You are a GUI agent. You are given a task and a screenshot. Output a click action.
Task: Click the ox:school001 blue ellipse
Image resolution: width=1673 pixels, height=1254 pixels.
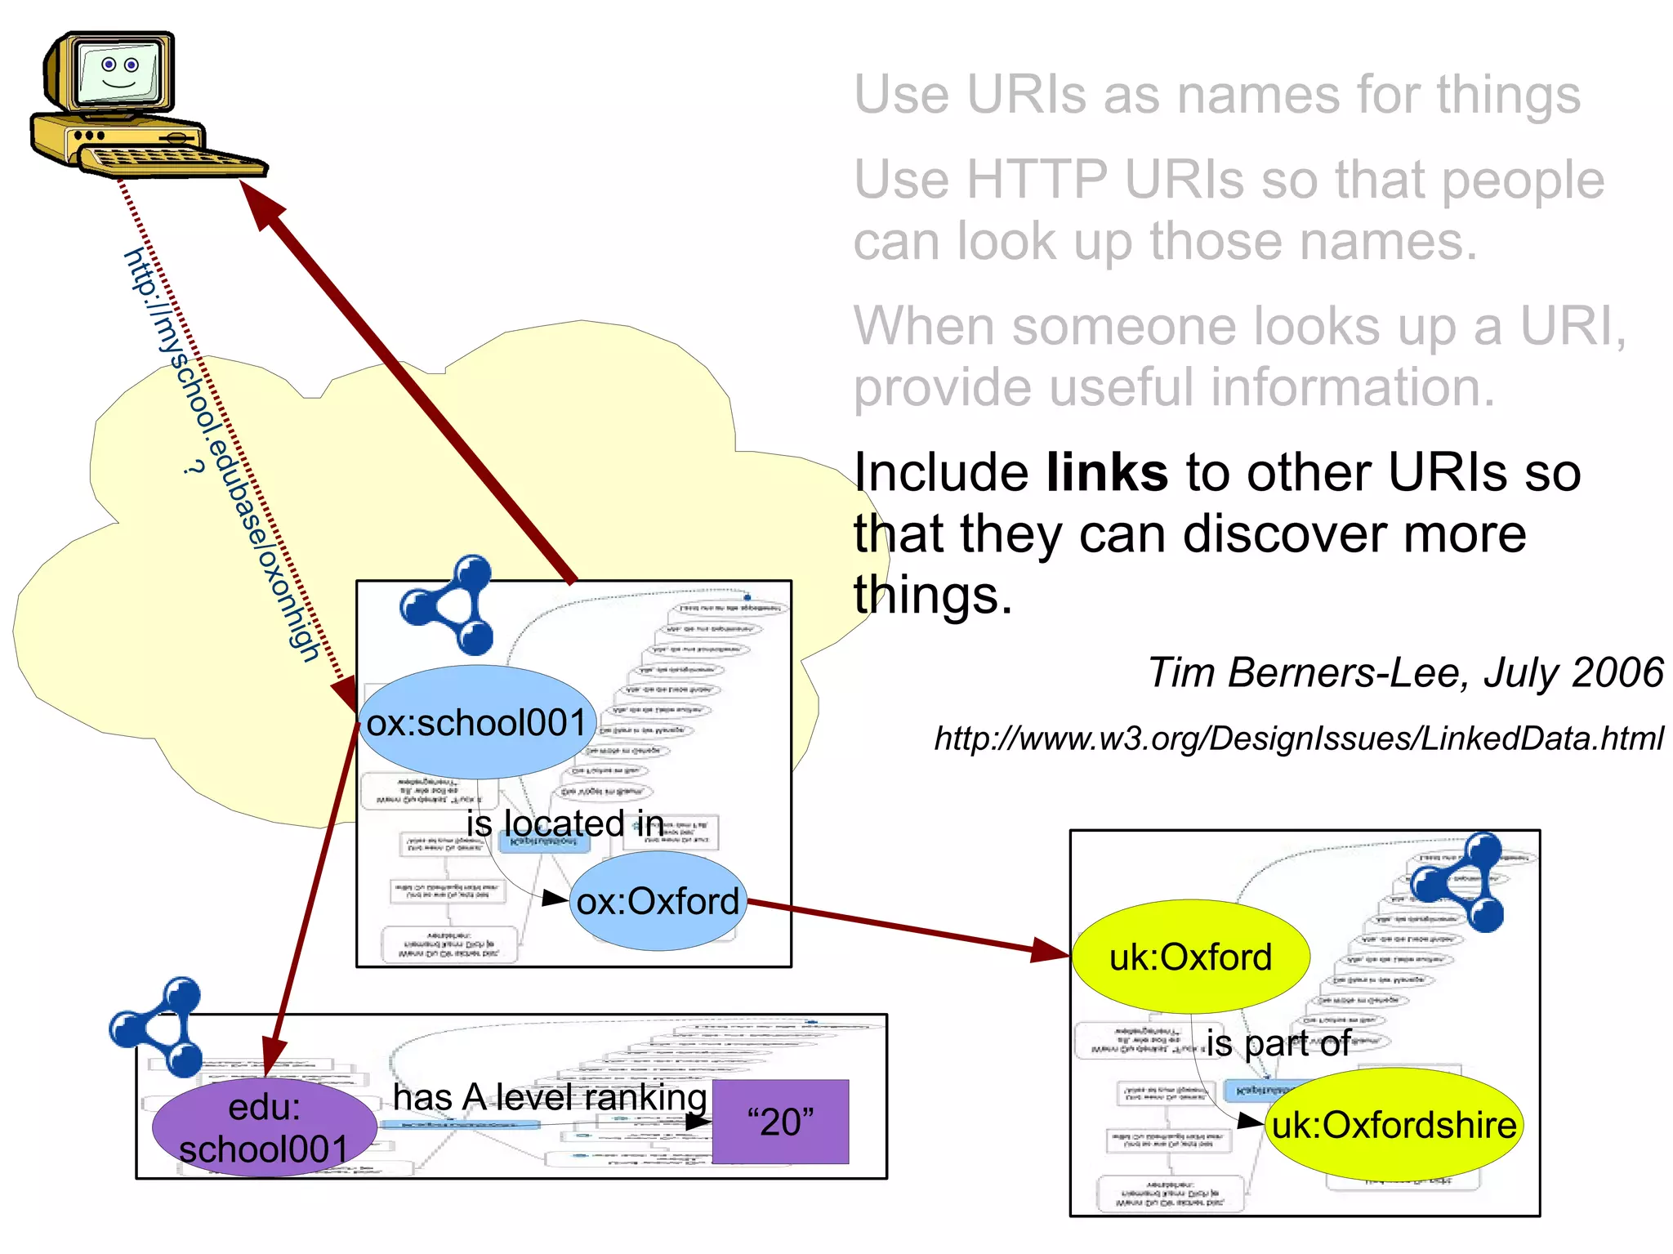[x=477, y=722]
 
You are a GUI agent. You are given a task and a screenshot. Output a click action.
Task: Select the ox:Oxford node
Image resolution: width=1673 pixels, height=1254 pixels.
[x=658, y=901]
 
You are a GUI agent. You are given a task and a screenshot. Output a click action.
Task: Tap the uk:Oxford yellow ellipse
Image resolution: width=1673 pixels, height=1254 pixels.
[x=1190, y=957]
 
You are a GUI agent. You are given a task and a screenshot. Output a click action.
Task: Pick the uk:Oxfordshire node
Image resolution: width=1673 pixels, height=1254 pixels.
[x=1394, y=1125]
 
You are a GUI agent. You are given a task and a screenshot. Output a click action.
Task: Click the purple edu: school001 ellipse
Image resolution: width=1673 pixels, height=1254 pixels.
[x=264, y=1128]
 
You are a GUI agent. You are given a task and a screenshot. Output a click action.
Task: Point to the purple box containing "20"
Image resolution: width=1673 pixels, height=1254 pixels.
[x=780, y=1122]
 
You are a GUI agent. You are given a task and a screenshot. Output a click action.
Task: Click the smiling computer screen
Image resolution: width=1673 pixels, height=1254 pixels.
[x=119, y=72]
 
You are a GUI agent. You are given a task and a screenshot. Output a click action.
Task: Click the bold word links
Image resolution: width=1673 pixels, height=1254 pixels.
[x=1107, y=473]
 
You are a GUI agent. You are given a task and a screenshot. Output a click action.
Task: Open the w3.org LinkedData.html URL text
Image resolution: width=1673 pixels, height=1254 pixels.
[x=1299, y=739]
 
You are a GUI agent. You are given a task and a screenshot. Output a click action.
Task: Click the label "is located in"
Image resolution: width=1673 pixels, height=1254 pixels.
[x=564, y=823]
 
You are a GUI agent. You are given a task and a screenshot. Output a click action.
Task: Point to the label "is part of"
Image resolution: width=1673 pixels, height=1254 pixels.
[x=1278, y=1043]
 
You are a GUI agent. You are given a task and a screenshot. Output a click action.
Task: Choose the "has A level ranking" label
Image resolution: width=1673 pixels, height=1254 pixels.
[x=550, y=1097]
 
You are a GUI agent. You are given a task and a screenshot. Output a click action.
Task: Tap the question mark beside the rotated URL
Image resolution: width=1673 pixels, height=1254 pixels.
[x=192, y=468]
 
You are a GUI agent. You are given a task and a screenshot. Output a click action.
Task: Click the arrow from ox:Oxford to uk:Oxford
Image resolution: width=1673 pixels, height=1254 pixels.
[x=907, y=926]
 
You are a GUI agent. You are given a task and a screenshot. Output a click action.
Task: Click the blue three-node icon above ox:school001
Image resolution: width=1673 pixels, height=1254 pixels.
[x=448, y=605]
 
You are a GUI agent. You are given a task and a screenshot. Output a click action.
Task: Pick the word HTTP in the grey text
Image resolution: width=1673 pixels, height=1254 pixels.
[x=1037, y=180]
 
